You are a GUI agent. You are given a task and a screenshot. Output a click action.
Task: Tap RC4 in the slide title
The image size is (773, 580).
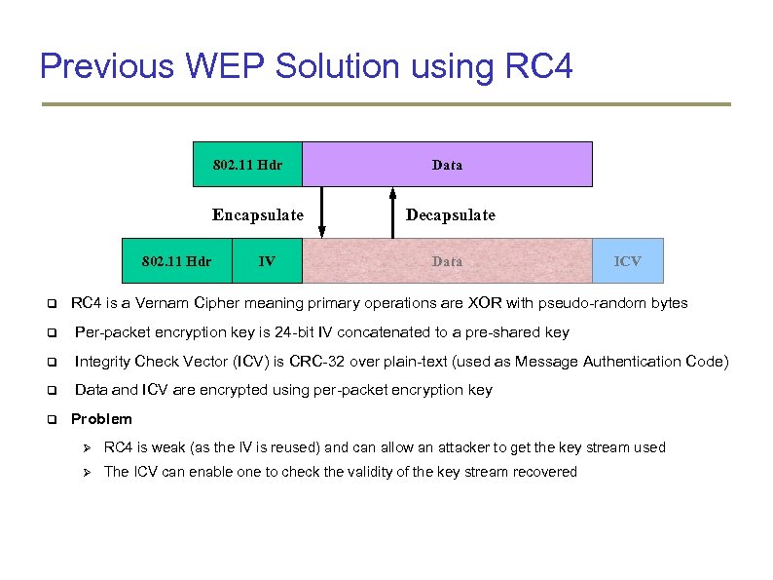pos(539,66)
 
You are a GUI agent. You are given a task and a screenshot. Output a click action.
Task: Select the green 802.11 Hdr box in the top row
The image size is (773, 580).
pos(247,165)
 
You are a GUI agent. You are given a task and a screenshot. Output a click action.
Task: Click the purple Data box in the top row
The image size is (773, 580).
pos(447,165)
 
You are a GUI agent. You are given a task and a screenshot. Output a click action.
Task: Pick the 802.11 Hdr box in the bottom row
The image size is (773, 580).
pos(176,261)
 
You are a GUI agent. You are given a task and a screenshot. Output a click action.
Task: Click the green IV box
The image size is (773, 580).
pos(267,261)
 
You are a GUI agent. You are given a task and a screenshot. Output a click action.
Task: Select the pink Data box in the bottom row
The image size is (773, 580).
pos(447,261)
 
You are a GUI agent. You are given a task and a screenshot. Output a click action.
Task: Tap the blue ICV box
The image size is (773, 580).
pos(628,261)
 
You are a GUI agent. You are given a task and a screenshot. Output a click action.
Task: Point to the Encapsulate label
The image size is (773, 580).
pos(258,214)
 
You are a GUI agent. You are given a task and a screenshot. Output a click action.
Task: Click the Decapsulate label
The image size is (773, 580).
pos(450,214)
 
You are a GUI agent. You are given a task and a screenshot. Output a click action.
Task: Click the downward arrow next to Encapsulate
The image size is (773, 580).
pos(322,213)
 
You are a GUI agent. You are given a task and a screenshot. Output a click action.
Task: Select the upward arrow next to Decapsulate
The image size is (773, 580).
pos(391,213)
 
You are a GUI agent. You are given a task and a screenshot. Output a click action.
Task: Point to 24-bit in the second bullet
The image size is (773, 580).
pos(317,332)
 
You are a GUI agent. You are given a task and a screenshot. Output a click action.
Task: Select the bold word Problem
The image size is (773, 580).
pos(101,419)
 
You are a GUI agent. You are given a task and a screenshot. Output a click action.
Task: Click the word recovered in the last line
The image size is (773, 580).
pos(545,472)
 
